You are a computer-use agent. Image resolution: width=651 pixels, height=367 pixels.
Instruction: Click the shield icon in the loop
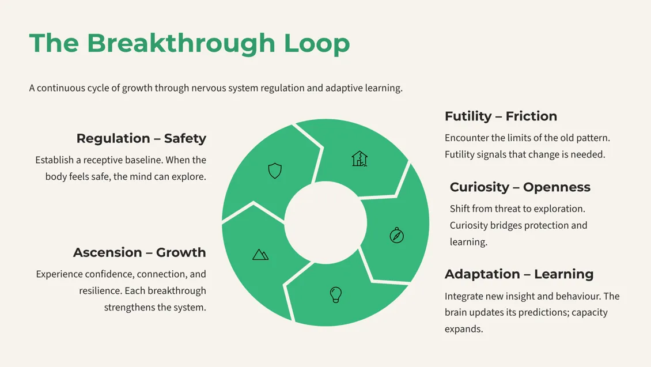point(275,171)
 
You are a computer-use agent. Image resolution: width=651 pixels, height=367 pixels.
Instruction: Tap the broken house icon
point(359,158)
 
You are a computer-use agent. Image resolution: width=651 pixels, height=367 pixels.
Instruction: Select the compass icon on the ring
point(397,235)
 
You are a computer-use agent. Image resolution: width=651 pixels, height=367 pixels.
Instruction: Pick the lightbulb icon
point(336,294)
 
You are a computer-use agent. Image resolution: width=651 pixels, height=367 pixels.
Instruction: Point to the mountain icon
point(260,254)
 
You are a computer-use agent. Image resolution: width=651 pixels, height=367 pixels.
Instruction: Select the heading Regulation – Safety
point(141,138)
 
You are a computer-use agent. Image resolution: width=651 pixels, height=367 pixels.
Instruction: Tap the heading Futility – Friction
point(501,116)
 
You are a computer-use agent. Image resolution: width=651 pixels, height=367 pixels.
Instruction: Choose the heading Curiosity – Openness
point(520,187)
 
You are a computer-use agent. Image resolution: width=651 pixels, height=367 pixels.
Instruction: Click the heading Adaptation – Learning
point(518,274)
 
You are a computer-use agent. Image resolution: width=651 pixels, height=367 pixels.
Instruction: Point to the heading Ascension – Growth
point(139,252)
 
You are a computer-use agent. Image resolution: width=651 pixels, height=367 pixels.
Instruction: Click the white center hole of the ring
point(325,224)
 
